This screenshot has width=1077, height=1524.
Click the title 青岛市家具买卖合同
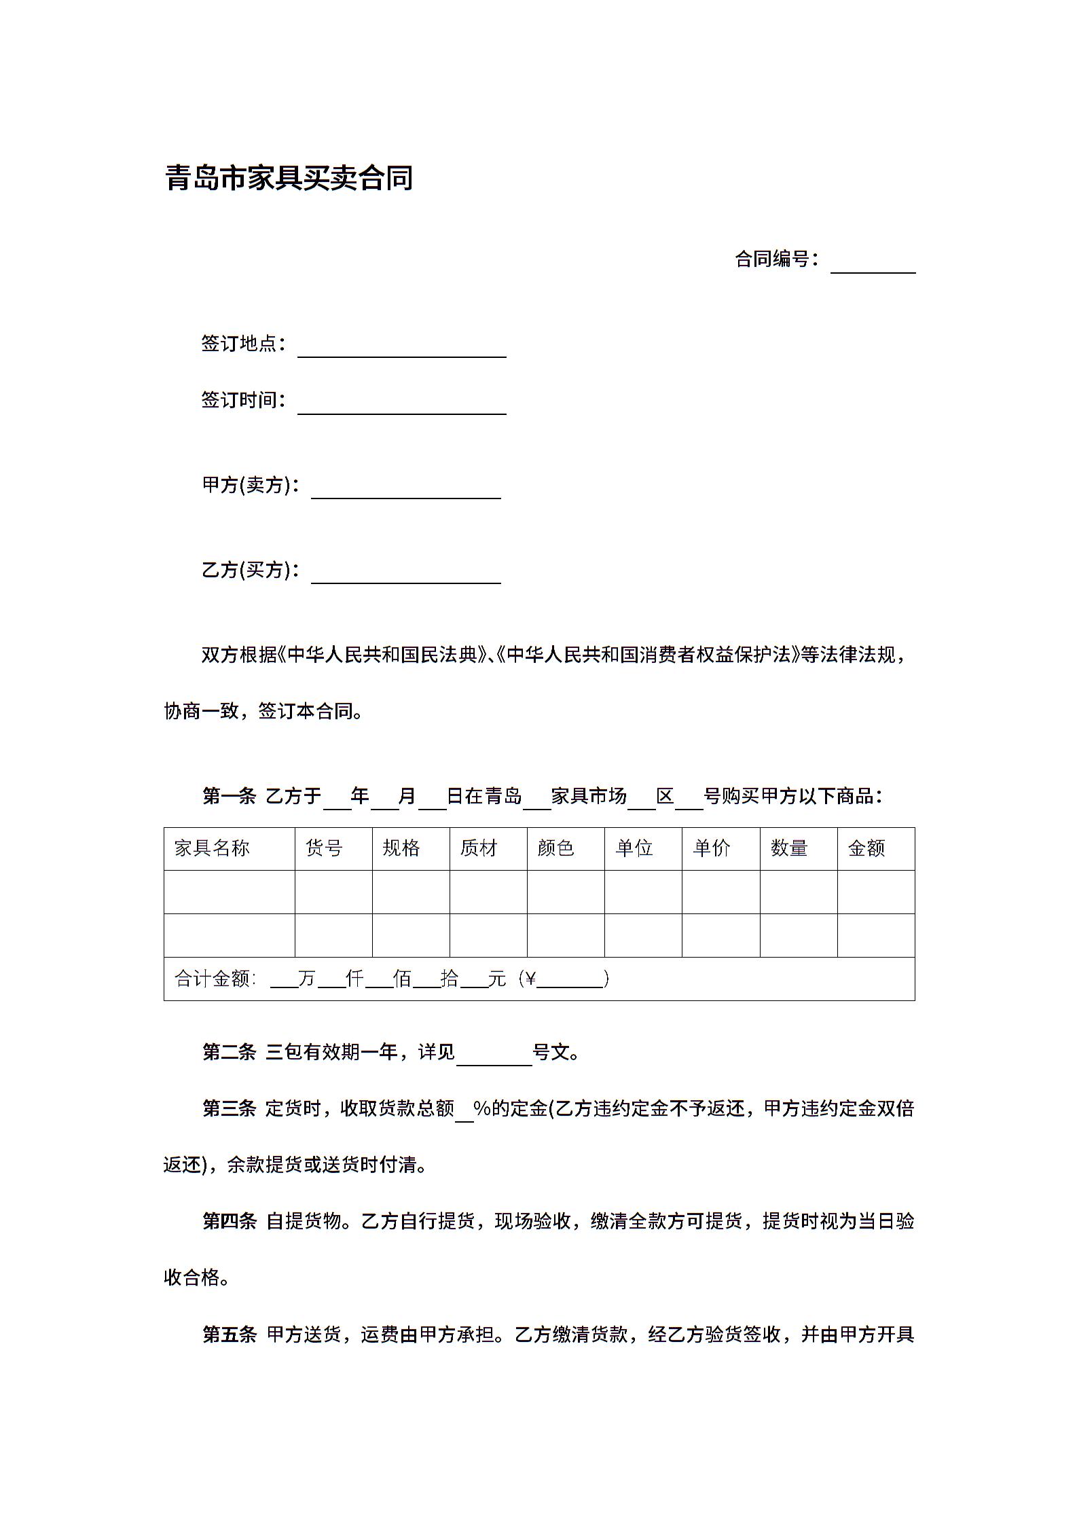pos(289,179)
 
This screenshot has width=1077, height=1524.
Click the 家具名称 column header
pos(213,848)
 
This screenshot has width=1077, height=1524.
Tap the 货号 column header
pos(324,848)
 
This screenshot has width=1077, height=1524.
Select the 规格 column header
pos(401,848)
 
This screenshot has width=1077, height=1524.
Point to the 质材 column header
pos(479,848)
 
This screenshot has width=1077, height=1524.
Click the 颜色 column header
pos(556,848)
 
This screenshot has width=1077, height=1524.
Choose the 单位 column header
pos(634,848)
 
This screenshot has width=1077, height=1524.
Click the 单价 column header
pos(711,848)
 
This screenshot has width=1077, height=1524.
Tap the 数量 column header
pos(788,848)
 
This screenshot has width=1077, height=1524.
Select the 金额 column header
pos(866,848)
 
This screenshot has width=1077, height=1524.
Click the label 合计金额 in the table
pos(213,979)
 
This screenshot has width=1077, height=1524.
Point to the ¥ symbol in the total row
pos(530,979)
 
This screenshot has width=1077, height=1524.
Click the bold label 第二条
pos(229,1052)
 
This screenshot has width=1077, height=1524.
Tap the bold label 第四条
pos(229,1221)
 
